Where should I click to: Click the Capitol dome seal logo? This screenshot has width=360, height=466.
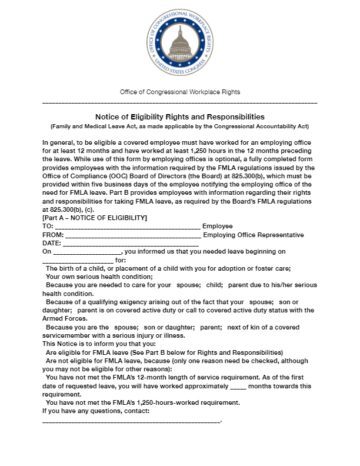[180, 46]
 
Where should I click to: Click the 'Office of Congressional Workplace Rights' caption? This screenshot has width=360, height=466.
[180, 92]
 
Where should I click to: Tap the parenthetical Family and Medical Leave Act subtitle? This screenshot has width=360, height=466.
[180, 127]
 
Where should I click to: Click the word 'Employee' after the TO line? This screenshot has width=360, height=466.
[218, 227]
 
